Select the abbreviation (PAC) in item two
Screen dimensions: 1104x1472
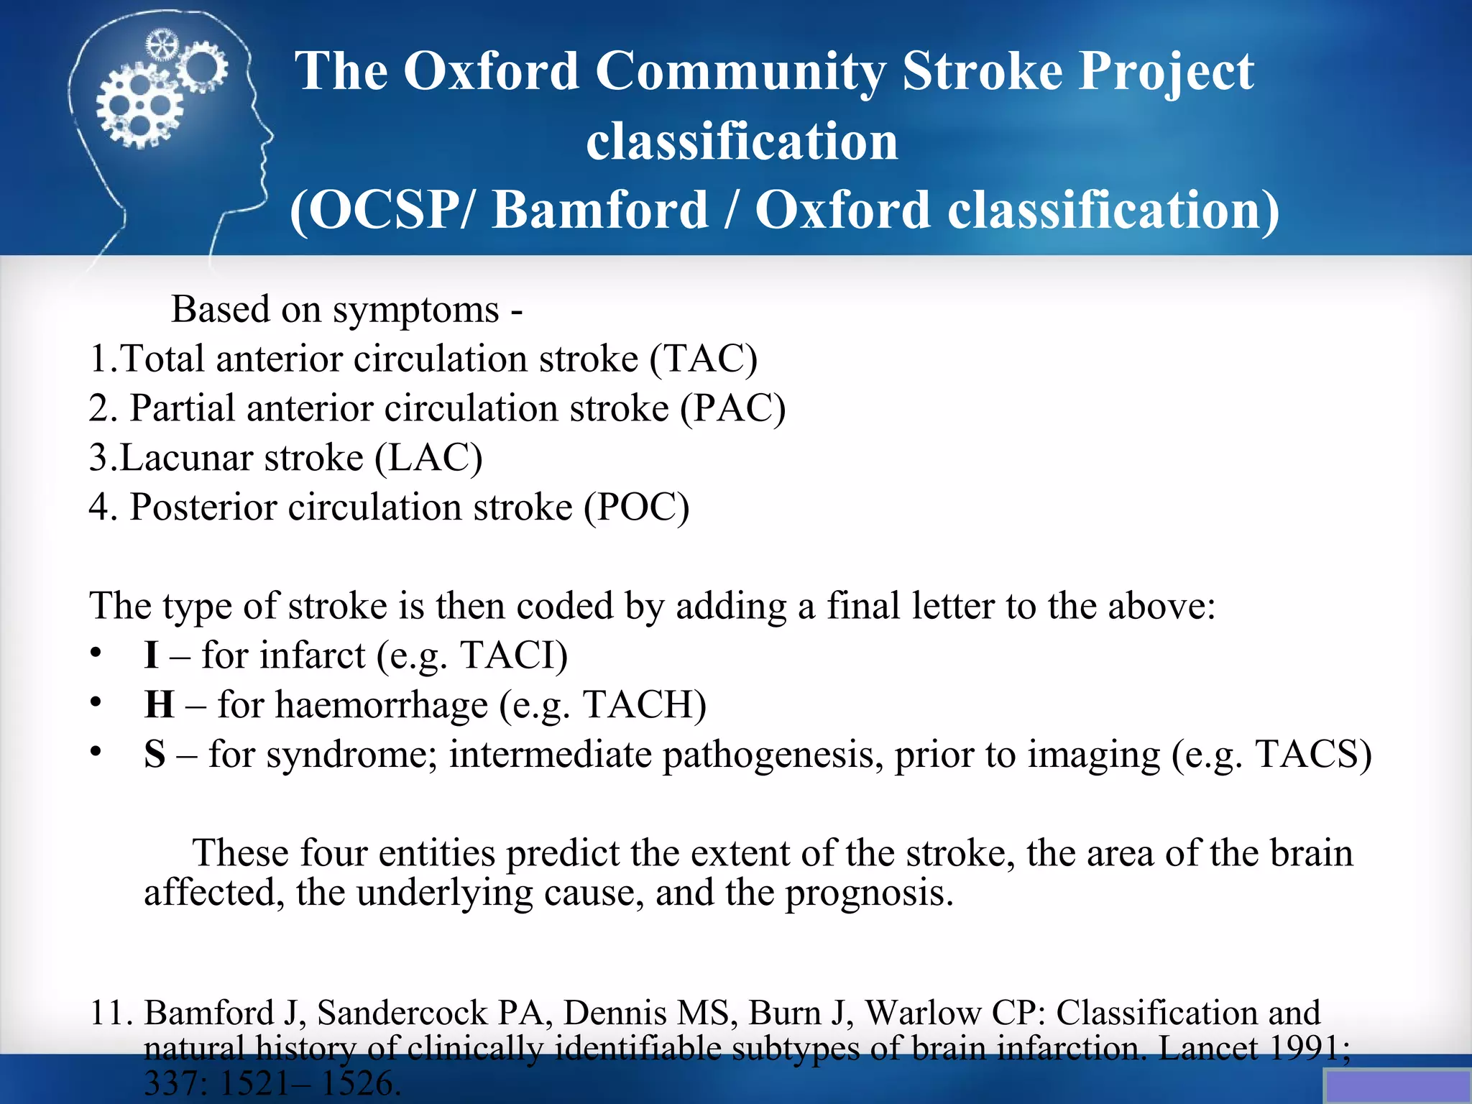tap(733, 408)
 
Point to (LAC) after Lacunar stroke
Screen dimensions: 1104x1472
tap(429, 457)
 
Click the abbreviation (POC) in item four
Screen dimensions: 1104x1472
tap(636, 507)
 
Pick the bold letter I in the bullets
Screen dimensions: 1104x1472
tap(151, 655)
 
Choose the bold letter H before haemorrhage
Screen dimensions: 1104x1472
tap(159, 704)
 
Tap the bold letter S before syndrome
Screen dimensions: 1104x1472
tap(155, 754)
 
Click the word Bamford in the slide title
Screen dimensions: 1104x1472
tap(600, 210)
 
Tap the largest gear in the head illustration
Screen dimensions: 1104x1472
tap(139, 108)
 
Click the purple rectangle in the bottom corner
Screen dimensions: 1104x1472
tap(1397, 1086)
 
